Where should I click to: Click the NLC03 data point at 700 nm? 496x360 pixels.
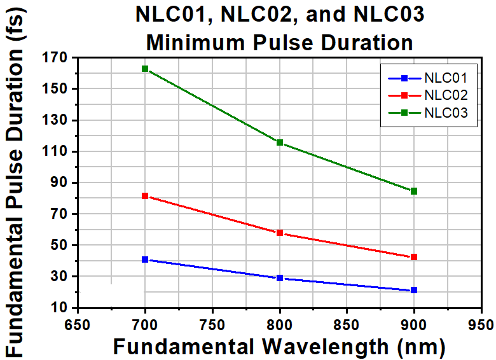coord(145,69)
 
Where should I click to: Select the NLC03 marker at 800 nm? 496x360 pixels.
coord(280,142)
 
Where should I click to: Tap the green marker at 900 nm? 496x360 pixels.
coord(414,191)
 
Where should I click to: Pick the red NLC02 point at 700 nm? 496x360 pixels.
coord(145,196)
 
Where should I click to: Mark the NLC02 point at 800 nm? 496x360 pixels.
coord(280,233)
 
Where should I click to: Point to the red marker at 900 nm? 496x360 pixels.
coord(414,257)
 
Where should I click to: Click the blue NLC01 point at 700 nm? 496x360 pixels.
coord(145,260)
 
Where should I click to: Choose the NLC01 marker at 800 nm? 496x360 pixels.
coord(280,278)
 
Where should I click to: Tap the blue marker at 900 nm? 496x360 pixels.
coord(414,290)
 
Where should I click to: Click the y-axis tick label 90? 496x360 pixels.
coord(59,183)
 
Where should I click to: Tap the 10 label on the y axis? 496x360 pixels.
coord(59,308)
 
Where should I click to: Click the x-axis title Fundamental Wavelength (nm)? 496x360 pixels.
coord(279,347)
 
